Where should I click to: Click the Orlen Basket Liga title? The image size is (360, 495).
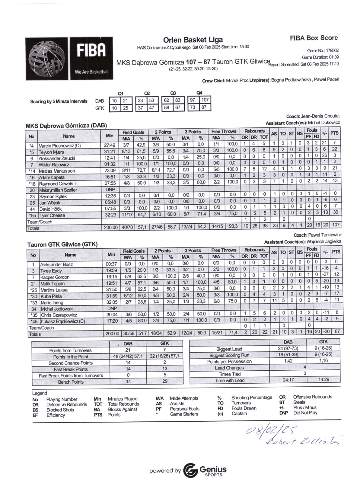pos(193,40)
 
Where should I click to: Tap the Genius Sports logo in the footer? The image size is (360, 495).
pos(205,471)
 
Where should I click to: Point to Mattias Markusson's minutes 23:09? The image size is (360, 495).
pos(110,170)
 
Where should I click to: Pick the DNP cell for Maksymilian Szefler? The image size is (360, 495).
pos(110,190)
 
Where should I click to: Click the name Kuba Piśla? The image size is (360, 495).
pos(51,296)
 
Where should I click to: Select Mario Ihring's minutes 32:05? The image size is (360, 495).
pos(111,302)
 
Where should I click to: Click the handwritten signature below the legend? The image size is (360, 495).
pos(303,442)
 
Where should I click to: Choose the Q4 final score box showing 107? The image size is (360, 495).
pos(205,100)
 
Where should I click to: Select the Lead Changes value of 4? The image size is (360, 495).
pos(305,367)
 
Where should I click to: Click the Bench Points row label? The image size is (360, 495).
pos(71,382)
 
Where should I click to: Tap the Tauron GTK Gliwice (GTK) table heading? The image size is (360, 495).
pos(62,244)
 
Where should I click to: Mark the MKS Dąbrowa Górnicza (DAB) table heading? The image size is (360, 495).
pos(66,126)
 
